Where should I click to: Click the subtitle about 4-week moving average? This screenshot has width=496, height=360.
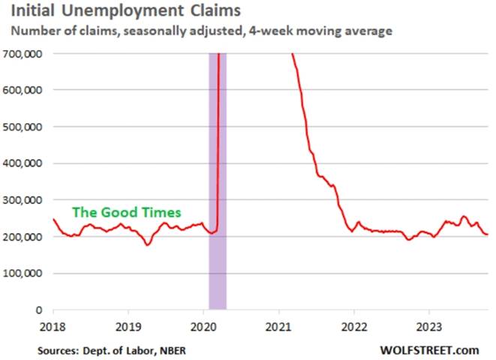[x=201, y=31]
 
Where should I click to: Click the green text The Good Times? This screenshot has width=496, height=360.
[x=126, y=212]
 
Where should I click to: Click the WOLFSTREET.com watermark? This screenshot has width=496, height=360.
[x=429, y=349]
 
